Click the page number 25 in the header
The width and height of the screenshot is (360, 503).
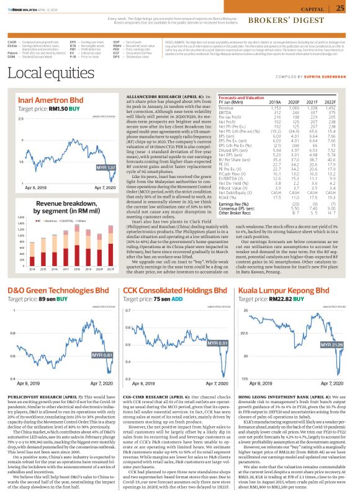coord(340,8)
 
